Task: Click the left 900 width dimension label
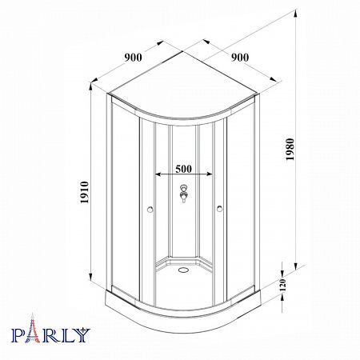tap(134, 58)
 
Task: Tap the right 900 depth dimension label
tap(240, 58)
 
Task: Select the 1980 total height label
tap(290, 150)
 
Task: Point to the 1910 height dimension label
tap(85, 192)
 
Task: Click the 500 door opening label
tap(183, 169)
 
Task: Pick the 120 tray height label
tap(283, 285)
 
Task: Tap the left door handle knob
tap(150, 210)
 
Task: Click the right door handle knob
tap(219, 209)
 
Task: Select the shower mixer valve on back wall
tap(183, 193)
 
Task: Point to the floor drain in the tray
tap(183, 270)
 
